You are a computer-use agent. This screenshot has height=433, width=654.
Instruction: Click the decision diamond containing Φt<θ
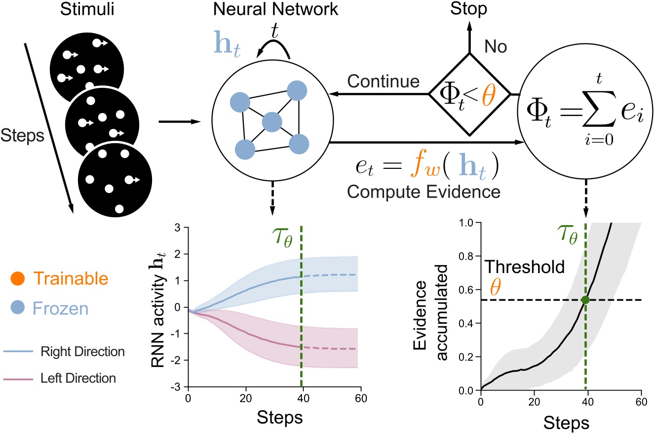coord(462,94)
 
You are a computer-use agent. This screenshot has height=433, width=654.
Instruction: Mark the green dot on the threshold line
coord(585,300)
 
